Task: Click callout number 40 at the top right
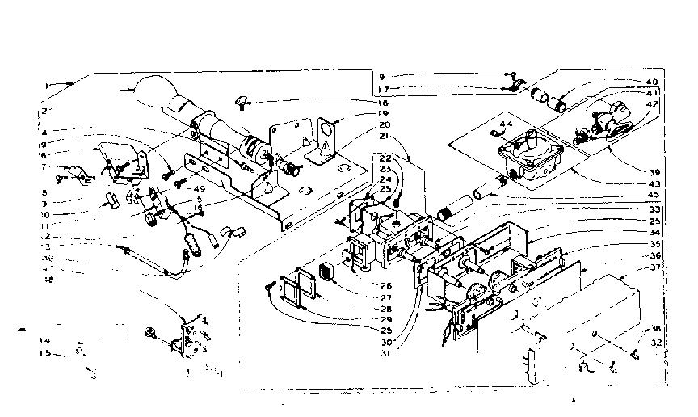[x=651, y=82]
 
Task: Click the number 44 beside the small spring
[x=507, y=124]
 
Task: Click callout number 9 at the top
[x=382, y=77]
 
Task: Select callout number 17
[x=382, y=88]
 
